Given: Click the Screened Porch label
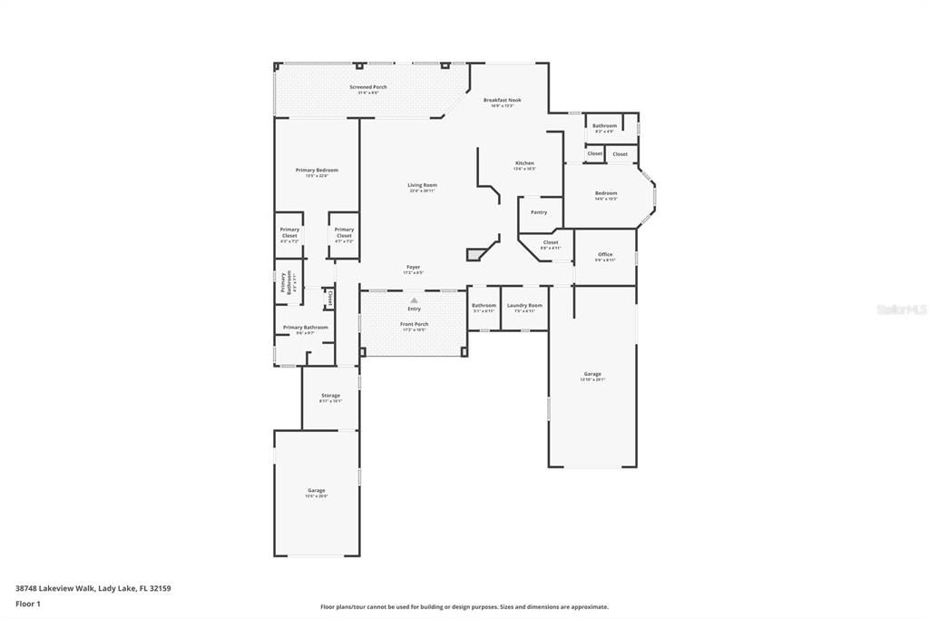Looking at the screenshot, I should pos(368,87).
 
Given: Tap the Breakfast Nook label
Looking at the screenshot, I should pos(502,100).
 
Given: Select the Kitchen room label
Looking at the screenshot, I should pos(524,163).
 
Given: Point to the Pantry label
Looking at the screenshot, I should pos(539,212).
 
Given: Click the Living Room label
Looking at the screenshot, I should pos(422,185).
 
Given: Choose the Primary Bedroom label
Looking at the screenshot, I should pos(317,171).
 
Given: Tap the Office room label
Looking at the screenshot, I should pos(605,255).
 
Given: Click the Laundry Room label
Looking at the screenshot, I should pos(524,306).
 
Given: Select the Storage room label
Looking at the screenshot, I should pos(330,396).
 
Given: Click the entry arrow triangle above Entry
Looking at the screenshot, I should pos(415,300).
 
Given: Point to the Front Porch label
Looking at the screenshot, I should pos(415,324).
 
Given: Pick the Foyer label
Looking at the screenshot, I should pos(413,268).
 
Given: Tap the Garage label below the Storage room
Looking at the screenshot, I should pos(316,490).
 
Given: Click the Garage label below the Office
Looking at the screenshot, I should pos(592,374).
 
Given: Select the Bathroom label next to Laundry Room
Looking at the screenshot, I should pos(484,306).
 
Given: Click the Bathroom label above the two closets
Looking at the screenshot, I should pos(605,126).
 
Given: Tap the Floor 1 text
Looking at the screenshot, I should pos(28,603).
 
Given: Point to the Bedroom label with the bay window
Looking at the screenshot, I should pos(606,193).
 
